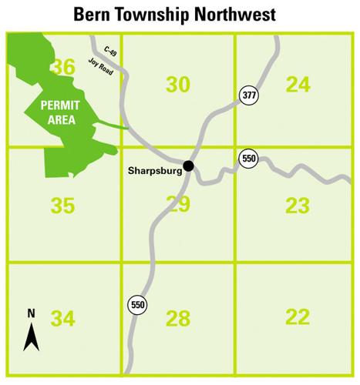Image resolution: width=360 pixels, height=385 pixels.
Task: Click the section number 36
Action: click(x=62, y=68)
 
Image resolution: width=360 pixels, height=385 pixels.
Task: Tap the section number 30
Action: click(x=178, y=84)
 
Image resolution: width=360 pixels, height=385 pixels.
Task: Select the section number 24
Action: click(x=298, y=84)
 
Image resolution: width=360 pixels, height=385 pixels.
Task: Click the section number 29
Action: click(x=178, y=205)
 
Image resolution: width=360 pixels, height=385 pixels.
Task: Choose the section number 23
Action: click(x=298, y=205)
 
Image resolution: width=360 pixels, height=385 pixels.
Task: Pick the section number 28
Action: click(x=178, y=318)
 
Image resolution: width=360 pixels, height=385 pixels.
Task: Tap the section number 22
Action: click(x=298, y=316)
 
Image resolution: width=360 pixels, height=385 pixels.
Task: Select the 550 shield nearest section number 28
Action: click(x=137, y=305)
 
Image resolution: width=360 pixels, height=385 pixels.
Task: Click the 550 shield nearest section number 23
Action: click(x=248, y=159)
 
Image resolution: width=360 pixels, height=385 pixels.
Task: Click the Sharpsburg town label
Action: click(x=153, y=171)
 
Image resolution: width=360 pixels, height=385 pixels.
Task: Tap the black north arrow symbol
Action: click(x=32, y=335)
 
